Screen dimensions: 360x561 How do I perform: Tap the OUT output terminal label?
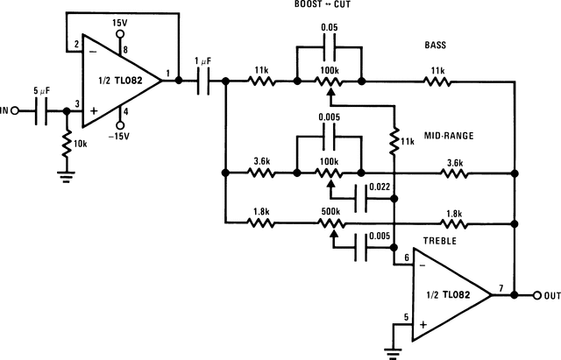click(x=551, y=296)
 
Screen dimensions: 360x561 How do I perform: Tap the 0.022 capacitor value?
click(x=380, y=187)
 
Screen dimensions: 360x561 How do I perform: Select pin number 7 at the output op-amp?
click(x=501, y=287)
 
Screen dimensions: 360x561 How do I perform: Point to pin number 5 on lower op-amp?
click(x=404, y=318)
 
